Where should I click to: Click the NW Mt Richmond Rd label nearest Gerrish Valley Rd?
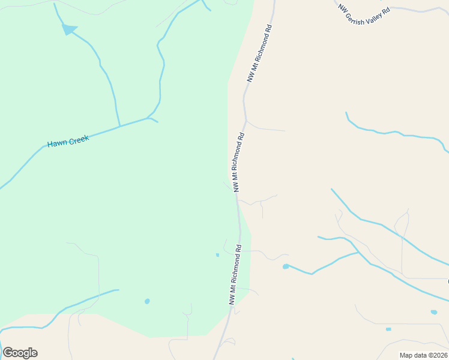pyautogui.click(x=260, y=53)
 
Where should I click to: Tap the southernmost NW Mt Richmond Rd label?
pyautogui.click(x=235, y=274)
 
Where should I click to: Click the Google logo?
pyautogui.click(x=20, y=353)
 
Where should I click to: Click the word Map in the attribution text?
pyautogui.click(x=407, y=355)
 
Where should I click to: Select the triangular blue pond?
pyautogui.click(x=70, y=29)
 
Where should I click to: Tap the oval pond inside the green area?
pyautogui.click(x=147, y=301)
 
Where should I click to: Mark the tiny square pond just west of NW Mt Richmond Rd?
pyautogui.click(x=217, y=255)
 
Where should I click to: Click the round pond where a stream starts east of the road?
pyautogui.click(x=286, y=266)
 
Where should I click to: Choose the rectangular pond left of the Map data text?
pyautogui.click(x=388, y=329)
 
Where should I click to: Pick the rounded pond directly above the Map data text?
pyautogui.click(x=434, y=312)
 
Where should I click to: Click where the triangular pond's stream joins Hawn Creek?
pyautogui.click(x=120, y=127)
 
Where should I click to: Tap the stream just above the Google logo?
pyautogui.click(x=24, y=328)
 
